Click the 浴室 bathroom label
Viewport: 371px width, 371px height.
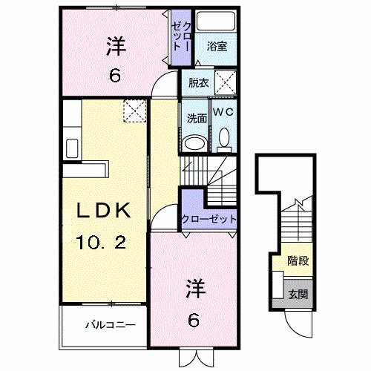tap(217, 46)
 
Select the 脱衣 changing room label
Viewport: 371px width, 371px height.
tap(197, 82)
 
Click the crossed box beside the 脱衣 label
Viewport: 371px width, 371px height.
tap(225, 82)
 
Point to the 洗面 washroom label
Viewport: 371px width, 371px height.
tap(195, 116)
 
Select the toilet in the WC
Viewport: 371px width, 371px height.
tap(223, 138)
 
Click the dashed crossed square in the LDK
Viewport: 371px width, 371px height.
tap(134, 112)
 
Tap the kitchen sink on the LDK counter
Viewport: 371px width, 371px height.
tap(73, 145)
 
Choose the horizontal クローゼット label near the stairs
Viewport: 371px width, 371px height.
tap(209, 220)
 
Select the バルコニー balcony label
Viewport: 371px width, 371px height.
tap(108, 324)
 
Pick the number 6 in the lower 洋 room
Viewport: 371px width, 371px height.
tap(193, 320)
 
